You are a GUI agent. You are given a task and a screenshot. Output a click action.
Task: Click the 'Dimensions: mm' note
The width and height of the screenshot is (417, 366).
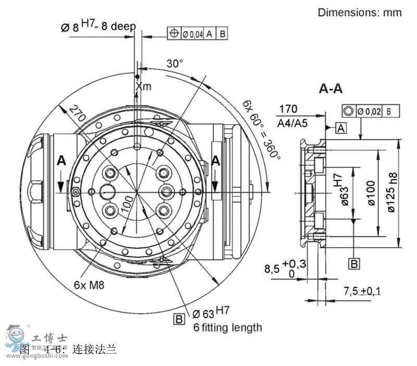tap(360, 12)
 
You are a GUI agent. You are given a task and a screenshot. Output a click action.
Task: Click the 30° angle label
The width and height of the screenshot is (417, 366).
tap(175, 64)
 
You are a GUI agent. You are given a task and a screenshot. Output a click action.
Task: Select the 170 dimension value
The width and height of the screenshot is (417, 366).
tap(288, 109)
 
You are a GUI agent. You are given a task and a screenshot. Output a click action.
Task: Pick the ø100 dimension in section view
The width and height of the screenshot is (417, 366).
tap(371, 194)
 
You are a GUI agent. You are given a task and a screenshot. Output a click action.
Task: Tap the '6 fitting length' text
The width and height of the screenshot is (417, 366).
tap(227, 327)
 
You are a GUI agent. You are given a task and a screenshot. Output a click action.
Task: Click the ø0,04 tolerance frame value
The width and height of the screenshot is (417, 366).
tap(192, 34)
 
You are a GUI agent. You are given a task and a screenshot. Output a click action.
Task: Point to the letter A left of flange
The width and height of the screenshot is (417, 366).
tap(61, 162)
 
